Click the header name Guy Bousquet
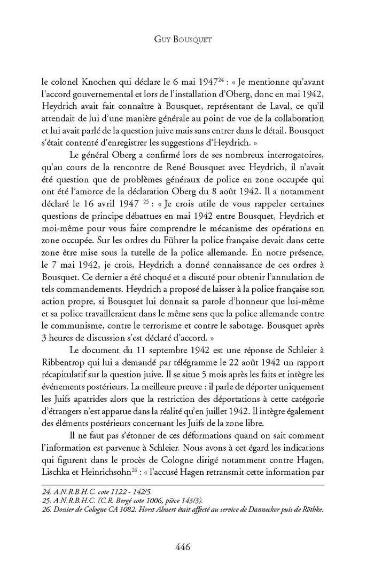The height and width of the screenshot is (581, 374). point(186,40)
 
